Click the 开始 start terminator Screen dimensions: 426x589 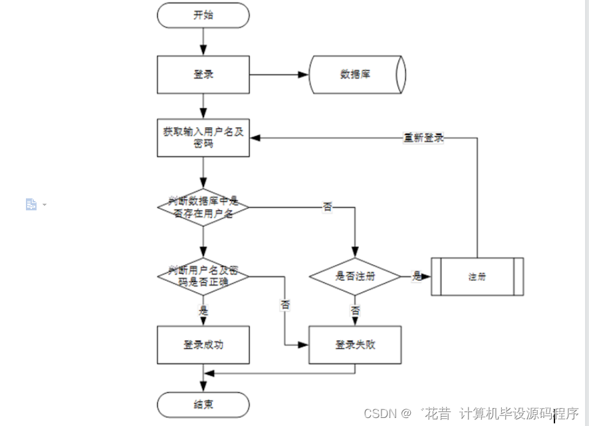point(203,15)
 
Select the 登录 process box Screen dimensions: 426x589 point(203,75)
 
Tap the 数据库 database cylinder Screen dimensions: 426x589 point(356,75)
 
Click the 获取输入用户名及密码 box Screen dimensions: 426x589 point(203,138)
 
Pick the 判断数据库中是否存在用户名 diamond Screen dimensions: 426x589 point(203,208)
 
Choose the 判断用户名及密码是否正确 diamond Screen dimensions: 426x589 point(203,276)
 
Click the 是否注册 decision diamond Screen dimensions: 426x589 point(355,276)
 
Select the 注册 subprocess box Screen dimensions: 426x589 point(477,276)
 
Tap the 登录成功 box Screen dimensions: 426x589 point(203,345)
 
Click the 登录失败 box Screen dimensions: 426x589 point(355,345)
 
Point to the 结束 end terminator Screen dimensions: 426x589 point(203,404)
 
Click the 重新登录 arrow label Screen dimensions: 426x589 point(423,138)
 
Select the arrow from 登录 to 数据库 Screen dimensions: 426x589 point(279,75)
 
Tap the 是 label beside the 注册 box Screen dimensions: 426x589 point(417,276)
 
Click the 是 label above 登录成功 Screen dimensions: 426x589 point(203,310)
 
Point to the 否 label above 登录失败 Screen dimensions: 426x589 point(355,311)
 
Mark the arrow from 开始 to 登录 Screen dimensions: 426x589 point(203,42)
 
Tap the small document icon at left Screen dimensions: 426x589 point(31,204)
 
